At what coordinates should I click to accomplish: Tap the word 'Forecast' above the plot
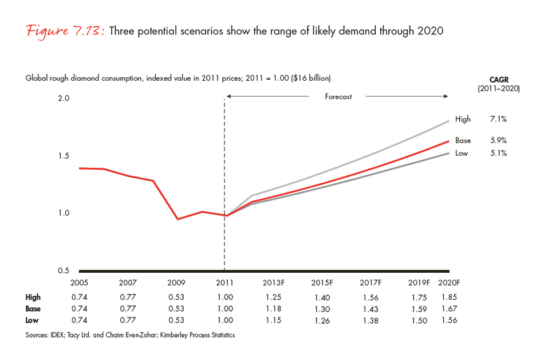pos(338,97)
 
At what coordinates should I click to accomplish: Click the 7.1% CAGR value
pos(498,119)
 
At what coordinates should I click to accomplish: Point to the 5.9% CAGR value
pos(498,140)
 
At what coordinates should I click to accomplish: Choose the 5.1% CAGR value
pos(498,153)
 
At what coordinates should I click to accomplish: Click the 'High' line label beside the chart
pos(463,119)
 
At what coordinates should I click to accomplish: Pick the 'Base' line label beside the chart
pos(463,140)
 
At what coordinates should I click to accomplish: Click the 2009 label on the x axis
pos(176,282)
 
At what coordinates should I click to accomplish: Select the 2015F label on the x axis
pos(323,282)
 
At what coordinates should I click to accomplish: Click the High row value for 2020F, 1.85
pos(449,297)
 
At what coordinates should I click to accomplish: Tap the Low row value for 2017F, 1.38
pos(372,321)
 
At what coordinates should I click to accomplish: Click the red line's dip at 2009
pos(178,219)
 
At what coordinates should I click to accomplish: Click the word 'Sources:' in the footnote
pos(39,335)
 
